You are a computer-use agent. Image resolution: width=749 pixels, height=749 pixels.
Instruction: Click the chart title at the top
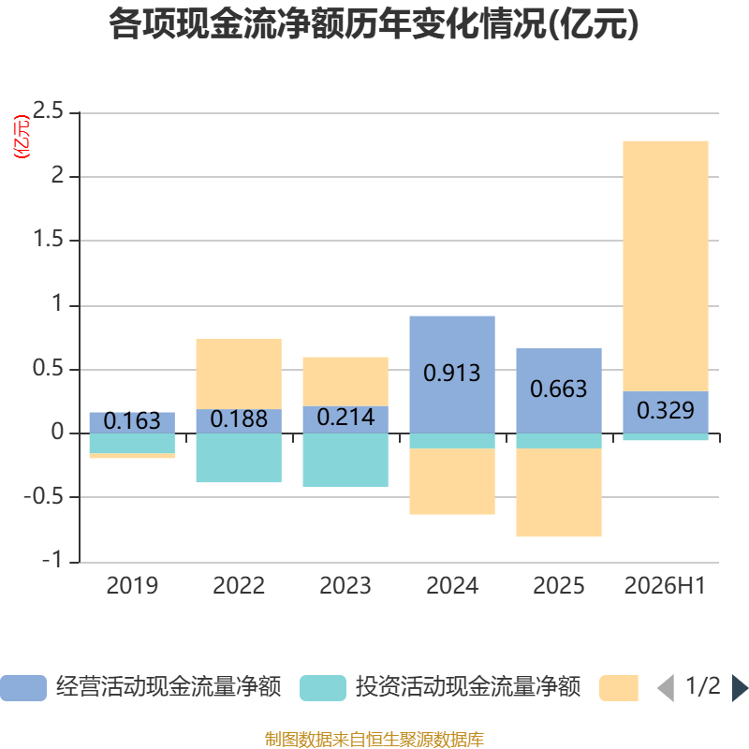pyautogui.click(x=374, y=24)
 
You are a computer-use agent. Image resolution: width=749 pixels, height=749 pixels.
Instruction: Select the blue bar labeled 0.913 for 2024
pyautogui.click(x=452, y=374)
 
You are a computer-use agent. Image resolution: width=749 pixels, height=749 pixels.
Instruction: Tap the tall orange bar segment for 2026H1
pyautogui.click(x=666, y=266)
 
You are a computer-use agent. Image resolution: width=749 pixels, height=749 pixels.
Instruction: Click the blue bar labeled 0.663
pyautogui.click(x=559, y=390)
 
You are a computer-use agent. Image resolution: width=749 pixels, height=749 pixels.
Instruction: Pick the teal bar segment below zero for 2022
pyautogui.click(x=239, y=458)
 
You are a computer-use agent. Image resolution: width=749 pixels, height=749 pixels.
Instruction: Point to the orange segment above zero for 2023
pyautogui.click(x=345, y=382)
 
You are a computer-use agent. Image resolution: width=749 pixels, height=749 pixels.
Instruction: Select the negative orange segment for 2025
pyautogui.click(x=559, y=492)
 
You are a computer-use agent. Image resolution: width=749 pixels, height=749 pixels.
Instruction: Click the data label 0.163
pyautogui.click(x=132, y=421)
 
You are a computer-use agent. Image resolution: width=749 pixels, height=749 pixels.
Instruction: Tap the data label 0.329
pyautogui.click(x=666, y=410)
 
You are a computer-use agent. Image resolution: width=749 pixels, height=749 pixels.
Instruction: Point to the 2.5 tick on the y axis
pyautogui.click(x=48, y=110)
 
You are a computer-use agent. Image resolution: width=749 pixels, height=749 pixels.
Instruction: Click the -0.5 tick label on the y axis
pyautogui.click(x=43, y=497)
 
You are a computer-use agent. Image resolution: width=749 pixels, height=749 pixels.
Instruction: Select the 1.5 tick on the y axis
pyautogui.click(x=48, y=239)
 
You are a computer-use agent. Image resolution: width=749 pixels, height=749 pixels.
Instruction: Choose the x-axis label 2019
pyautogui.click(x=132, y=586)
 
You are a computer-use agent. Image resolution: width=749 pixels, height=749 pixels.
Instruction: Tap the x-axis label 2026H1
pyautogui.click(x=665, y=586)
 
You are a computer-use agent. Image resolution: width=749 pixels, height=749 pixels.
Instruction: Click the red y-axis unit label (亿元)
pyautogui.click(x=22, y=137)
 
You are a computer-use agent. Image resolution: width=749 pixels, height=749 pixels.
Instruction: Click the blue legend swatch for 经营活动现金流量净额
pyautogui.click(x=23, y=688)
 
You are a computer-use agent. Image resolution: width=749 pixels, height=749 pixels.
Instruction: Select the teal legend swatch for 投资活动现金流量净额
pyautogui.click(x=323, y=688)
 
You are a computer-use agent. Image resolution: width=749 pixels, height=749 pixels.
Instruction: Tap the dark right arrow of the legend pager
pyautogui.click(x=740, y=688)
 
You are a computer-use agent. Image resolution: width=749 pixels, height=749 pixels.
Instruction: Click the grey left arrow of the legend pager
pyautogui.click(x=667, y=688)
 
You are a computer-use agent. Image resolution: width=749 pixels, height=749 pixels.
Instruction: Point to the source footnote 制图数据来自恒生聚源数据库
pyautogui.click(x=374, y=740)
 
